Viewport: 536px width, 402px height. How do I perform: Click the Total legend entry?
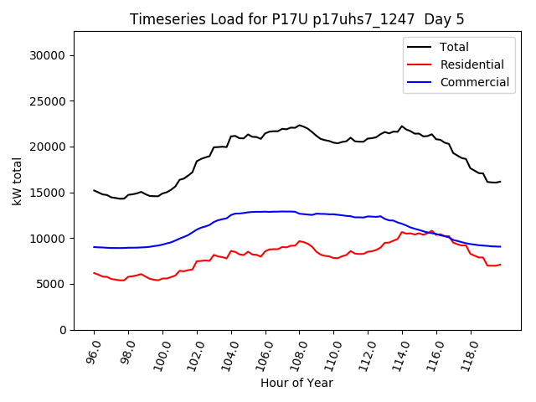(455, 47)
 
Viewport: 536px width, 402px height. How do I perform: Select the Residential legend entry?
(472, 64)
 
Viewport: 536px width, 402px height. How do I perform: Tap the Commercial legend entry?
(474, 82)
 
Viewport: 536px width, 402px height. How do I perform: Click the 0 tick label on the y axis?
(64, 330)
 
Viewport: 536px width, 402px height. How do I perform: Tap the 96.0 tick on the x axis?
(91, 349)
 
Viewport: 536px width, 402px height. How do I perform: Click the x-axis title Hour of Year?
(296, 383)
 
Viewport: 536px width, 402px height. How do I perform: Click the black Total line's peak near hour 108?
(299, 125)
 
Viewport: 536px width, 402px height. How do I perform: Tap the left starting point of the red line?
(94, 273)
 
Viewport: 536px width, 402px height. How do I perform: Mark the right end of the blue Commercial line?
(500, 246)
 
